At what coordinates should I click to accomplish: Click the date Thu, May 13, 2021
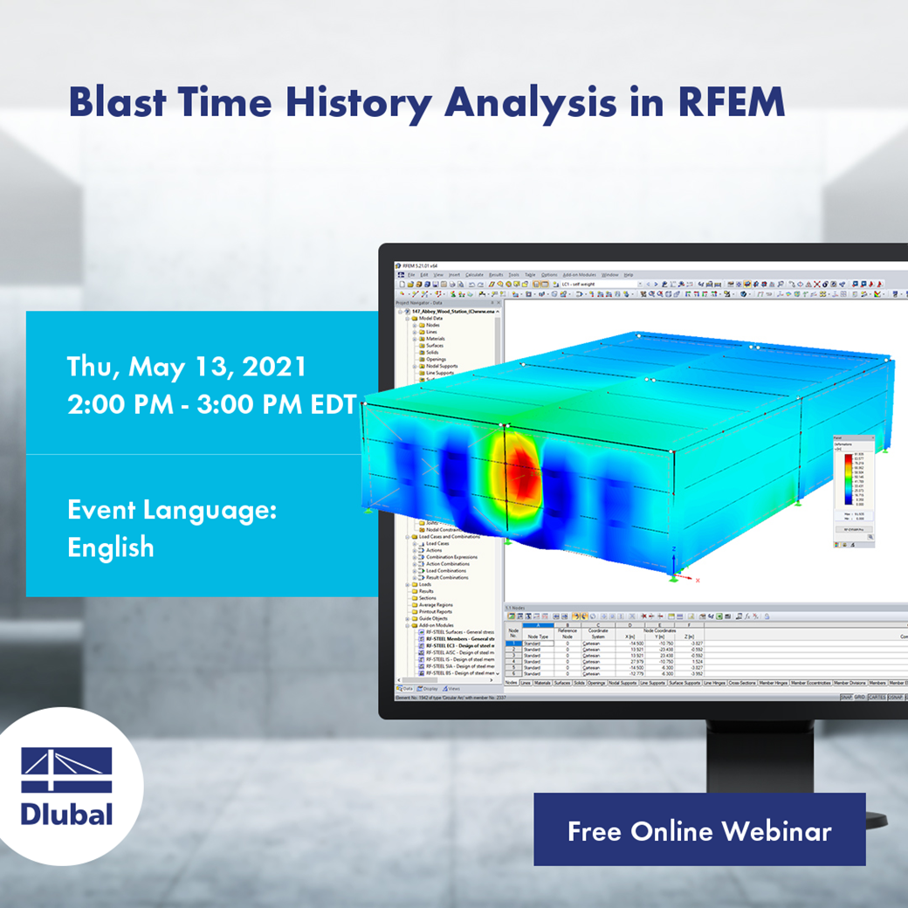(186, 367)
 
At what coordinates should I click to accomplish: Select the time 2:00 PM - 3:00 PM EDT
(212, 405)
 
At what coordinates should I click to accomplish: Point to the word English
(111, 547)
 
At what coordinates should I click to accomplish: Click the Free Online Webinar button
(699, 830)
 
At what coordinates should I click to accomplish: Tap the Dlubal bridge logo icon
(66, 769)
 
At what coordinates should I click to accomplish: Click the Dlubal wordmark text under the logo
(66, 815)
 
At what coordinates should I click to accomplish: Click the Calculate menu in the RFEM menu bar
(474, 275)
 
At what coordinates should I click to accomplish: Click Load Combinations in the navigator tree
(446, 570)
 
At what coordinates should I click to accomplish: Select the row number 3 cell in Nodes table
(512, 655)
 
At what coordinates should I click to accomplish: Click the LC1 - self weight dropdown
(602, 284)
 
